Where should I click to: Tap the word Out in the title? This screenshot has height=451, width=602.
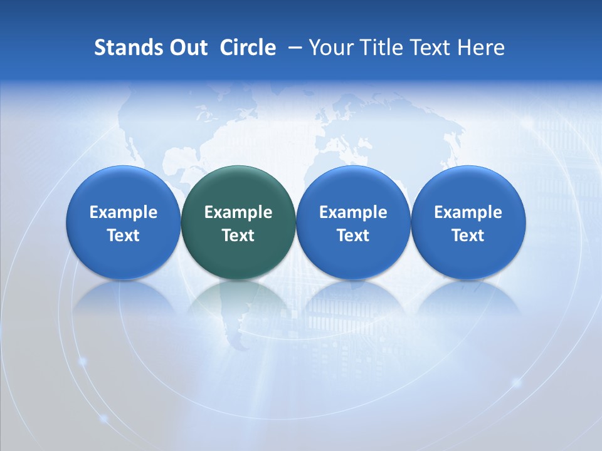[186, 48]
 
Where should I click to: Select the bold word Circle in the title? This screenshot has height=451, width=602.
[248, 48]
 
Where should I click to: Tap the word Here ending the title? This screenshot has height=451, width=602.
[482, 48]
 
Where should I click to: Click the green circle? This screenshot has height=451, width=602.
[238, 222]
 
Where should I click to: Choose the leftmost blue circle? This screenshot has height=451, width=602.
[124, 222]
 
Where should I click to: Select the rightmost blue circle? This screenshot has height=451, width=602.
[468, 222]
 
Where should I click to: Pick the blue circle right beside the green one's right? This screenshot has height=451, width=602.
[353, 222]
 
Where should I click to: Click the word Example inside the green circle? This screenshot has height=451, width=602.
[238, 212]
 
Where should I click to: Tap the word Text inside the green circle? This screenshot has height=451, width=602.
[238, 236]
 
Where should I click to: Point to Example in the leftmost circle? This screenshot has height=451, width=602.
[124, 212]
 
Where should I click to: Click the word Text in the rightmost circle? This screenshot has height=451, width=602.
[468, 236]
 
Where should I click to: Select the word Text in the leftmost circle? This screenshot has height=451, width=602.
[124, 236]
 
